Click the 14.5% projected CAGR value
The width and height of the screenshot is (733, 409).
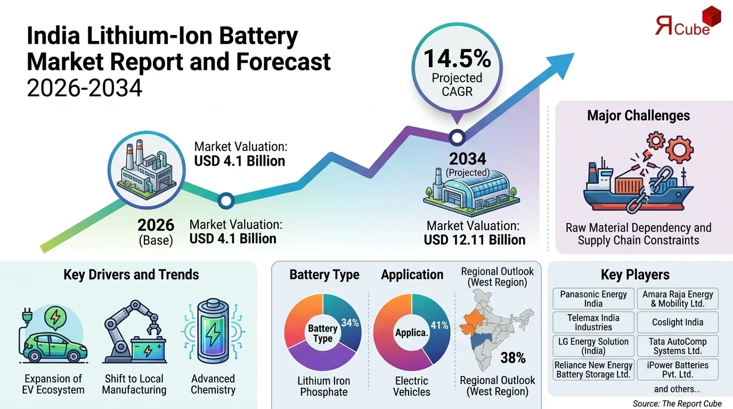click(x=457, y=58)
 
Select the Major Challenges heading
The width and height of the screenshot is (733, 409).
click(x=638, y=116)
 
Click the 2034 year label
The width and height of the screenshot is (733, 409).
click(x=467, y=159)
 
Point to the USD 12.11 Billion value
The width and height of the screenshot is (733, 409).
click(x=474, y=240)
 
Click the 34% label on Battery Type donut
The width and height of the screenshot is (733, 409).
click(x=349, y=323)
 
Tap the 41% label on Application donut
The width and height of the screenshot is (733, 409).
click(x=439, y=325)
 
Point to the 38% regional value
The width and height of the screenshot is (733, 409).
click(x=513, y=358)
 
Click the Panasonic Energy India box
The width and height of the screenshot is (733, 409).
click(x=593, y=299)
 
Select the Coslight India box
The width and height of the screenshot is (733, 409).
click(x=678, y=322)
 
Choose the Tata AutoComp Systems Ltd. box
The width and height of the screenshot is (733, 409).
click(x=678, y=346)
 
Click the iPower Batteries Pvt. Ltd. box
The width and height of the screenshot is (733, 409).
click(x=678, y=370)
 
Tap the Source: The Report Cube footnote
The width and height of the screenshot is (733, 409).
click(x=677, y=403)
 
